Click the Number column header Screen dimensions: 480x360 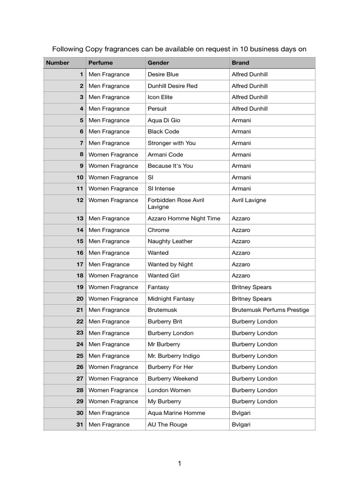point(58,63)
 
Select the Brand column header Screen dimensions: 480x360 point(240,63)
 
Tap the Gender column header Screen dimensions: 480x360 point(158,63)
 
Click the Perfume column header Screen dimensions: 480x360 point(101,63)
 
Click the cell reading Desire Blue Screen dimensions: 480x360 point(163,75)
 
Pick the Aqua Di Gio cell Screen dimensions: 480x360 point(164,120)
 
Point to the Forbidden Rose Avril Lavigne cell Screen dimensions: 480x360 point(176,203)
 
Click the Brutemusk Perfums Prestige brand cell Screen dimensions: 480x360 point(270,310)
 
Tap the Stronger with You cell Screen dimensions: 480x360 point(172,143)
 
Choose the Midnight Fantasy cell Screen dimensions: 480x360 point(171,299)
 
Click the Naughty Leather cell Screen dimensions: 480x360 point(170,241)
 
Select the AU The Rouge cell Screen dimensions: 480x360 point(167,425)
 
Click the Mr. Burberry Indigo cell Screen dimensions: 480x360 point(173,356)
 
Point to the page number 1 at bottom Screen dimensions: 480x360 point(180,464)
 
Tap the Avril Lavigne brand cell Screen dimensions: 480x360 point(249,200)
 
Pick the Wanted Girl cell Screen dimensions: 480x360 point(163,276)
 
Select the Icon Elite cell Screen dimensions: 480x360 point(160,97)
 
